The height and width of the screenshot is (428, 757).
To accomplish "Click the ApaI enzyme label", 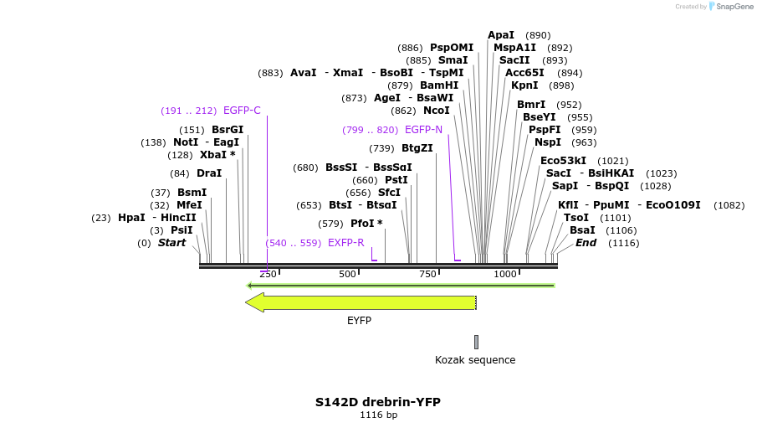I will [x=501, y=35].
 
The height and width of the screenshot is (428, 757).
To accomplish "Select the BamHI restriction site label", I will [x=439, y=85].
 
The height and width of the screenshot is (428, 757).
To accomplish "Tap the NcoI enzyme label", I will [x=437, y=111].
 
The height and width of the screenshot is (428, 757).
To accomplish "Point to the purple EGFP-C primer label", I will [x=242, y=111].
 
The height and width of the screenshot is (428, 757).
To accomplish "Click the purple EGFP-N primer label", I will [x=423, y=130].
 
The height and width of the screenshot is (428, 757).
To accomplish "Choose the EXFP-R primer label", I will [x=345, y=243].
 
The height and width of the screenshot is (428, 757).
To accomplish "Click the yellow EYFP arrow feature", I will [x=361, y=302].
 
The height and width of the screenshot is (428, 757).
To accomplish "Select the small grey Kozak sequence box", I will [x=476, y=342].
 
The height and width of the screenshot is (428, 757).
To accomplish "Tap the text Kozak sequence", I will [x=475, y=360].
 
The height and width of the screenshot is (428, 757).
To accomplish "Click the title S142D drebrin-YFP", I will [x=378, y=402].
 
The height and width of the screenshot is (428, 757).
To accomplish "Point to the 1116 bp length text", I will [x=378, y=415].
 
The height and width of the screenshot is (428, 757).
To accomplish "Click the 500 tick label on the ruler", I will [x=348, y=275].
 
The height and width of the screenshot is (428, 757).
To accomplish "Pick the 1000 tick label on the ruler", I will [x=505, y=275].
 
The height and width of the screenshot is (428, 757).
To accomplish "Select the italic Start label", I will [x=171, y=243].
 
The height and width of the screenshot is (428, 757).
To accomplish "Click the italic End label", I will [x=586, y=243].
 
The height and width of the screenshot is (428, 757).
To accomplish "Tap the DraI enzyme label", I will [x=209, y=173].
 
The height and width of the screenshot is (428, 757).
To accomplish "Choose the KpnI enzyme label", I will [x=524, y=85].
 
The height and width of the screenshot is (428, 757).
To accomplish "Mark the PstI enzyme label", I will [x=396, y=180].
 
